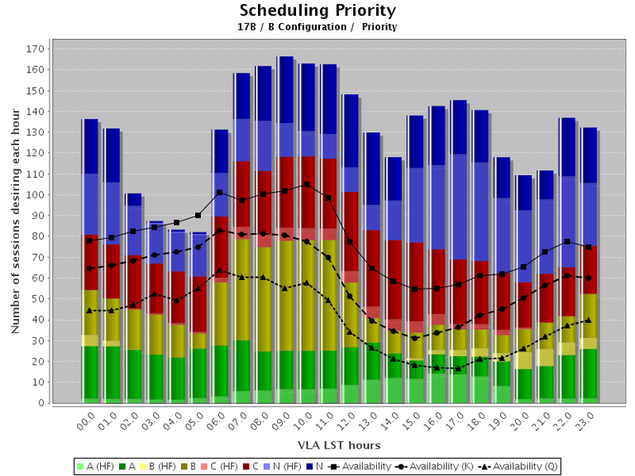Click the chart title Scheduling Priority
click(317, 11)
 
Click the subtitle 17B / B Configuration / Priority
click(317, 26)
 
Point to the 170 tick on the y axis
click(34, 49)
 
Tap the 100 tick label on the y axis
click(34, 195)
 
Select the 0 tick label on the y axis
click(40, 403)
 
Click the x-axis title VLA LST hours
click(328, 445)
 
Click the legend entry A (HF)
click(99, 466)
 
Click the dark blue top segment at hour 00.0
click(89, 146)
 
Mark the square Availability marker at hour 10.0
click(307, 184)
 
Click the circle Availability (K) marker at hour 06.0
click(219, 231)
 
